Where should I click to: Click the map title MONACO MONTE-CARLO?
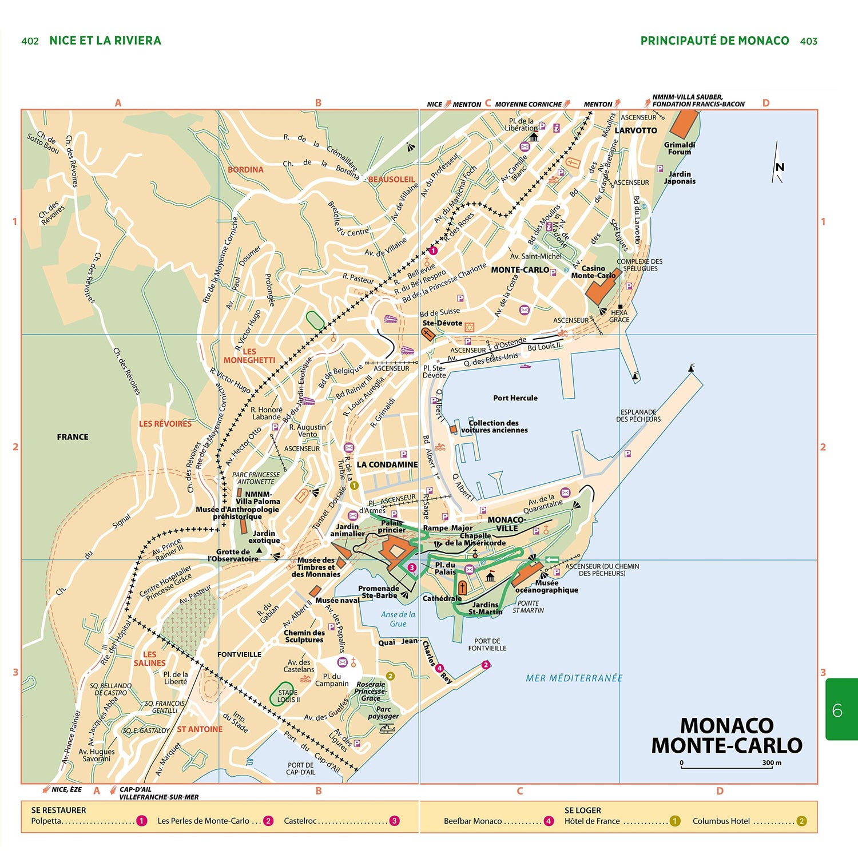(726, 736)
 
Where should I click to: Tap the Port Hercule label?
(515, 398)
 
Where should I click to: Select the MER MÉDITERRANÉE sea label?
(574, 678)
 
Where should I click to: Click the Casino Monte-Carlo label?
(593, 272)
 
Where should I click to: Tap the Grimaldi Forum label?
(680, 148)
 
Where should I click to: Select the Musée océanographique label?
(547, 586)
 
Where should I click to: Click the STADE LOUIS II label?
(288, 696)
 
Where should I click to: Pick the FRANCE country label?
(73, 437)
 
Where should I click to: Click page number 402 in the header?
(30, 41)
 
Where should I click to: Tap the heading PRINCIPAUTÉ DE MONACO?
(714, 41)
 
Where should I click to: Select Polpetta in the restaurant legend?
(46, 821)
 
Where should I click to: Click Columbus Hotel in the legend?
(721, 821)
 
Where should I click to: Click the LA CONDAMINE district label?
(387, 464)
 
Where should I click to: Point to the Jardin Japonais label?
(680, 177)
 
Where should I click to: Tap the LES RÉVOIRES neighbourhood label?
(165, 424)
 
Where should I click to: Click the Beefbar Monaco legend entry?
(472, 821)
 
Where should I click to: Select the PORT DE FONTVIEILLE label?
(487, 645)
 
